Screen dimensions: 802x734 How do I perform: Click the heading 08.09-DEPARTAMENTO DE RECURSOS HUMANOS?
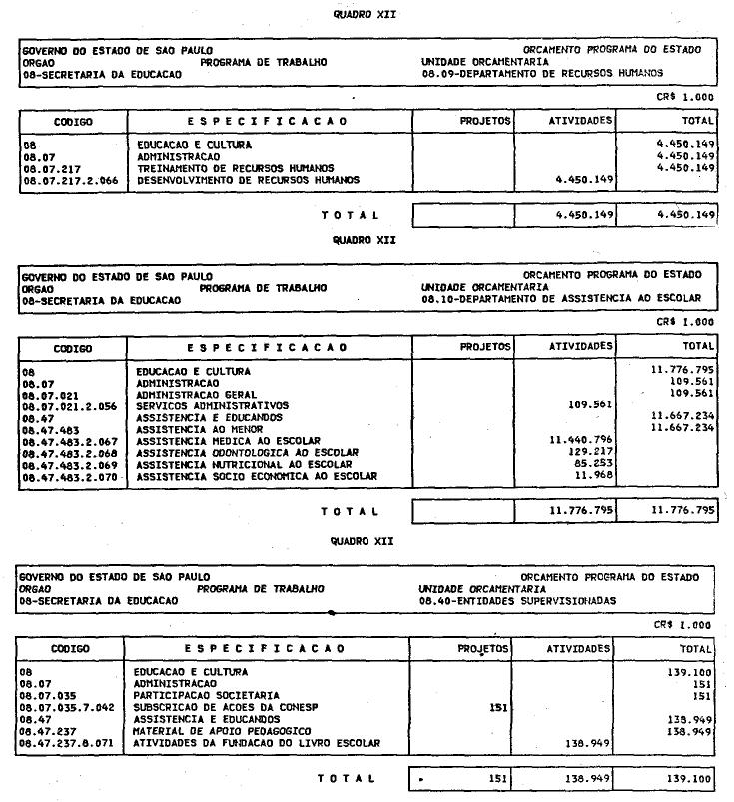pyautogui.click(x=541, y=73)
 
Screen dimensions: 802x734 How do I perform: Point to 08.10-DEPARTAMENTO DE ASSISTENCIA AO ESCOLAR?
pyautogui.click(x=560, y=299)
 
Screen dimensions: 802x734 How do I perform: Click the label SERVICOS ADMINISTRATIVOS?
pyautogui.click(x=212, y=406)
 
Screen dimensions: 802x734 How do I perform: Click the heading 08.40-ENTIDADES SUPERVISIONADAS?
pyautogui.click(x=517, y=601)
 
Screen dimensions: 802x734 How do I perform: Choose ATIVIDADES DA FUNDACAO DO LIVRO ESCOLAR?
pyautogui.click(x=257, y=744)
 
